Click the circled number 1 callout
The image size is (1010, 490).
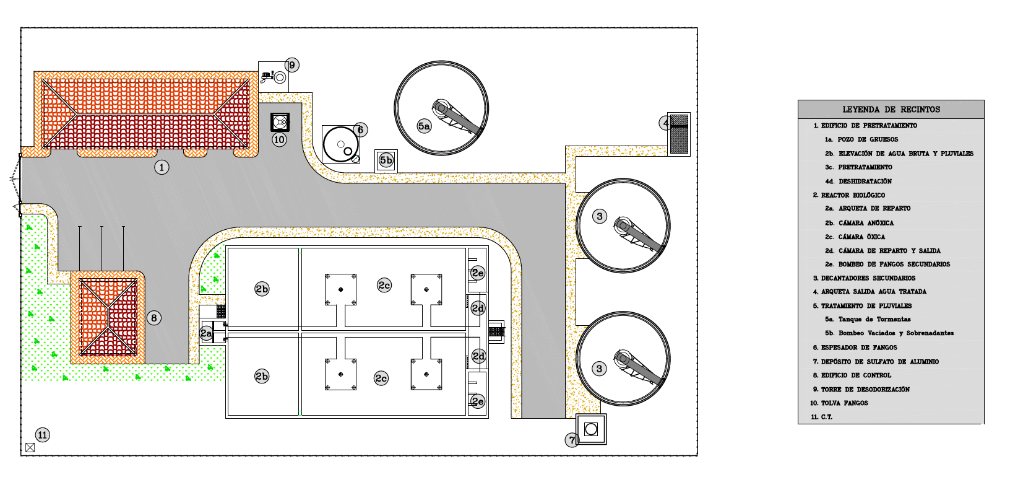coord(162,167)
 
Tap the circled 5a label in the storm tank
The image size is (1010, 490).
coord(424,126)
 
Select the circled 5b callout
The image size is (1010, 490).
coord(386,160)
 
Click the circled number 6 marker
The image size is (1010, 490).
coord(360,130)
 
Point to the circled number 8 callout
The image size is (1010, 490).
coord(153,318)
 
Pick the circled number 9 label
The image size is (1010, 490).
coord(291,65)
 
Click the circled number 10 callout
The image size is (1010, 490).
coord(279,139)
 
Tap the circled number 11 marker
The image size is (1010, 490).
coord(42,435)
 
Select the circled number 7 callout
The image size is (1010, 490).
coord(572,440)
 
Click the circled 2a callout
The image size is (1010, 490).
coord(207,333)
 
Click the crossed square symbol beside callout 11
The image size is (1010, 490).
coord(30,448)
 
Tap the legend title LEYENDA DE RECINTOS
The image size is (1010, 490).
coord(891,110)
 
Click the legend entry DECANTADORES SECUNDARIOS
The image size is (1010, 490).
coord(868,278)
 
